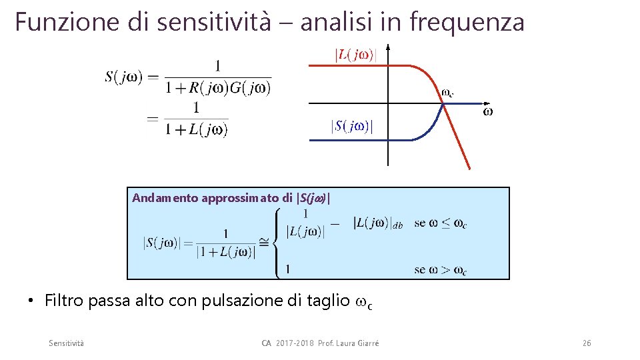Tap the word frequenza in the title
pos(467,21)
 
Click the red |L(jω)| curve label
pos(355,55)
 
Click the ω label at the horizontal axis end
pos(487,112)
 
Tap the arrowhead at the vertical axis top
pos(388,48)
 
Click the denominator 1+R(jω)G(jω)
pos(218,87)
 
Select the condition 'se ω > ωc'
pos(440,270)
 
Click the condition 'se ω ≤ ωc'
pos(440,223)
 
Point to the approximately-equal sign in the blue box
pos(264,243)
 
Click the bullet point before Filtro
pos(31,301)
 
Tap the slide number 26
pos(586,343)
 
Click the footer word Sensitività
pos(66,343)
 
